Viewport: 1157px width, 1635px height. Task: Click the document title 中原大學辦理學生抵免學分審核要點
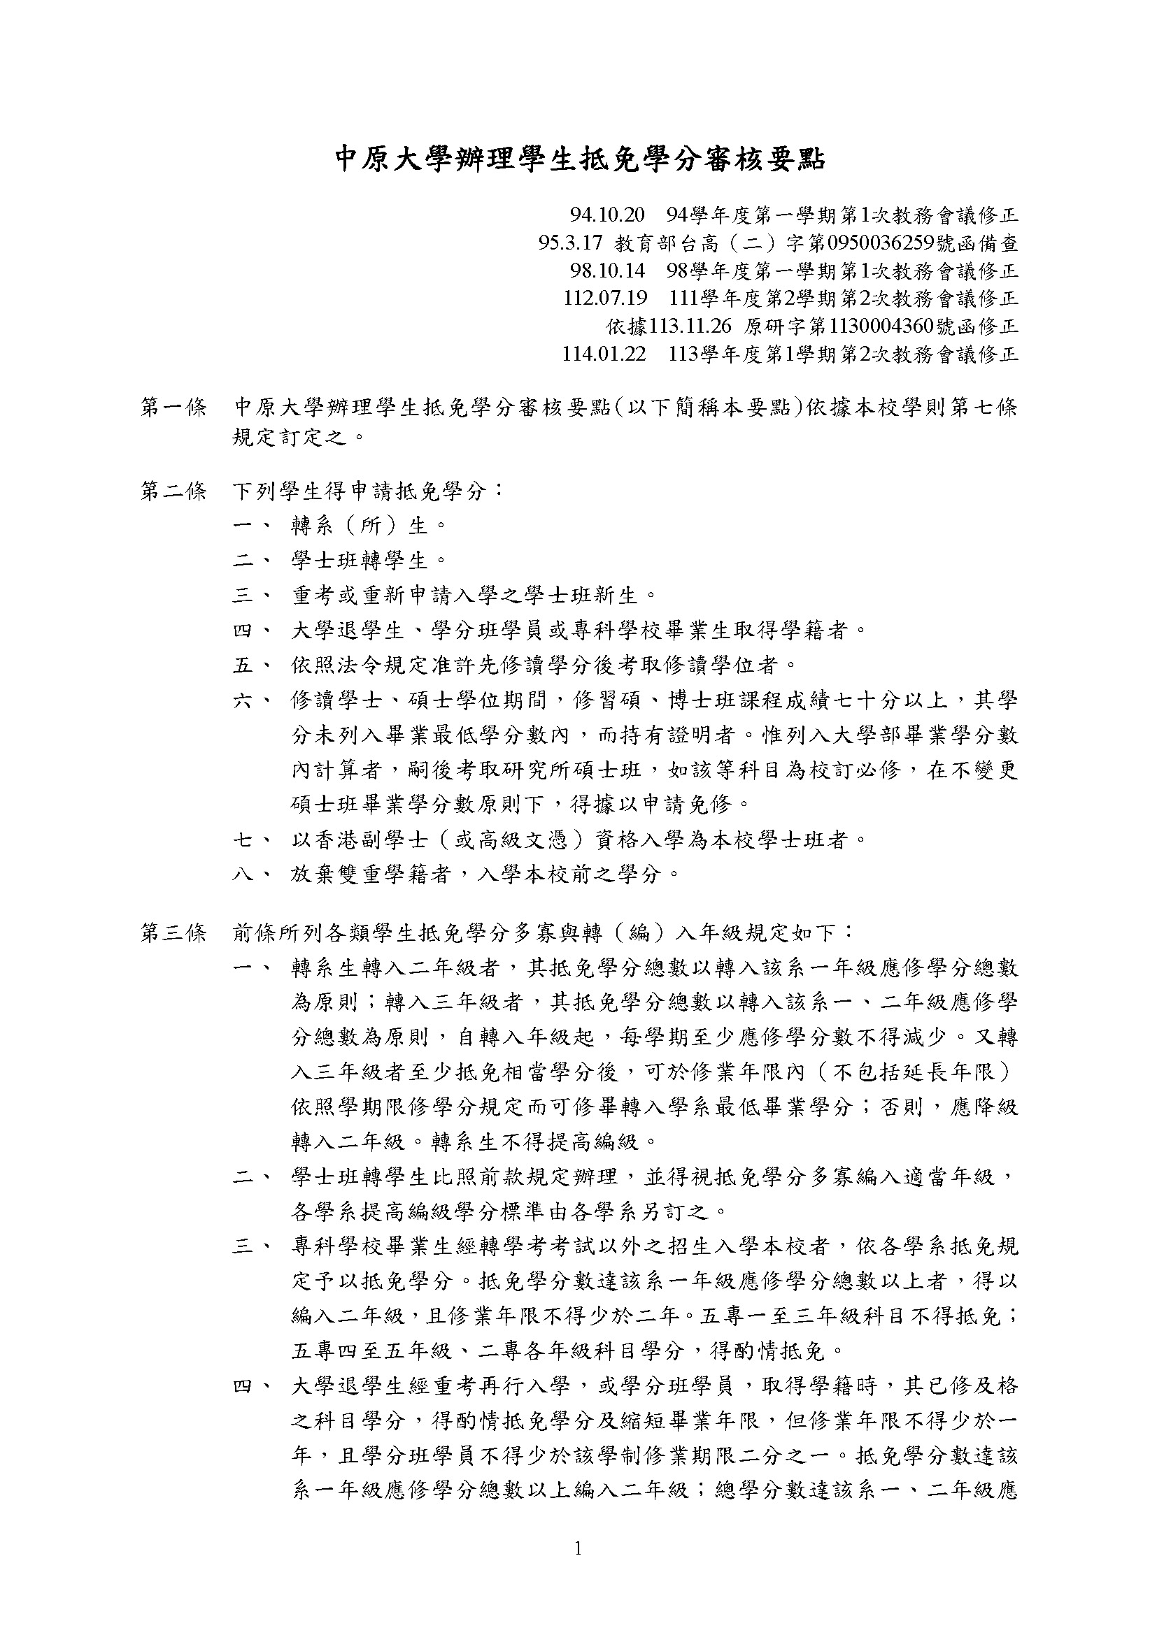[579, 159]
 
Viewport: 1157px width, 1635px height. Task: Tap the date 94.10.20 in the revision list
[607, 215]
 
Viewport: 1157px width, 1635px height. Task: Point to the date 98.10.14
[607, 271]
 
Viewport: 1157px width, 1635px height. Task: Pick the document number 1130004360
[882, 326]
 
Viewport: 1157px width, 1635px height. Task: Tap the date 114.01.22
[604, 354]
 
